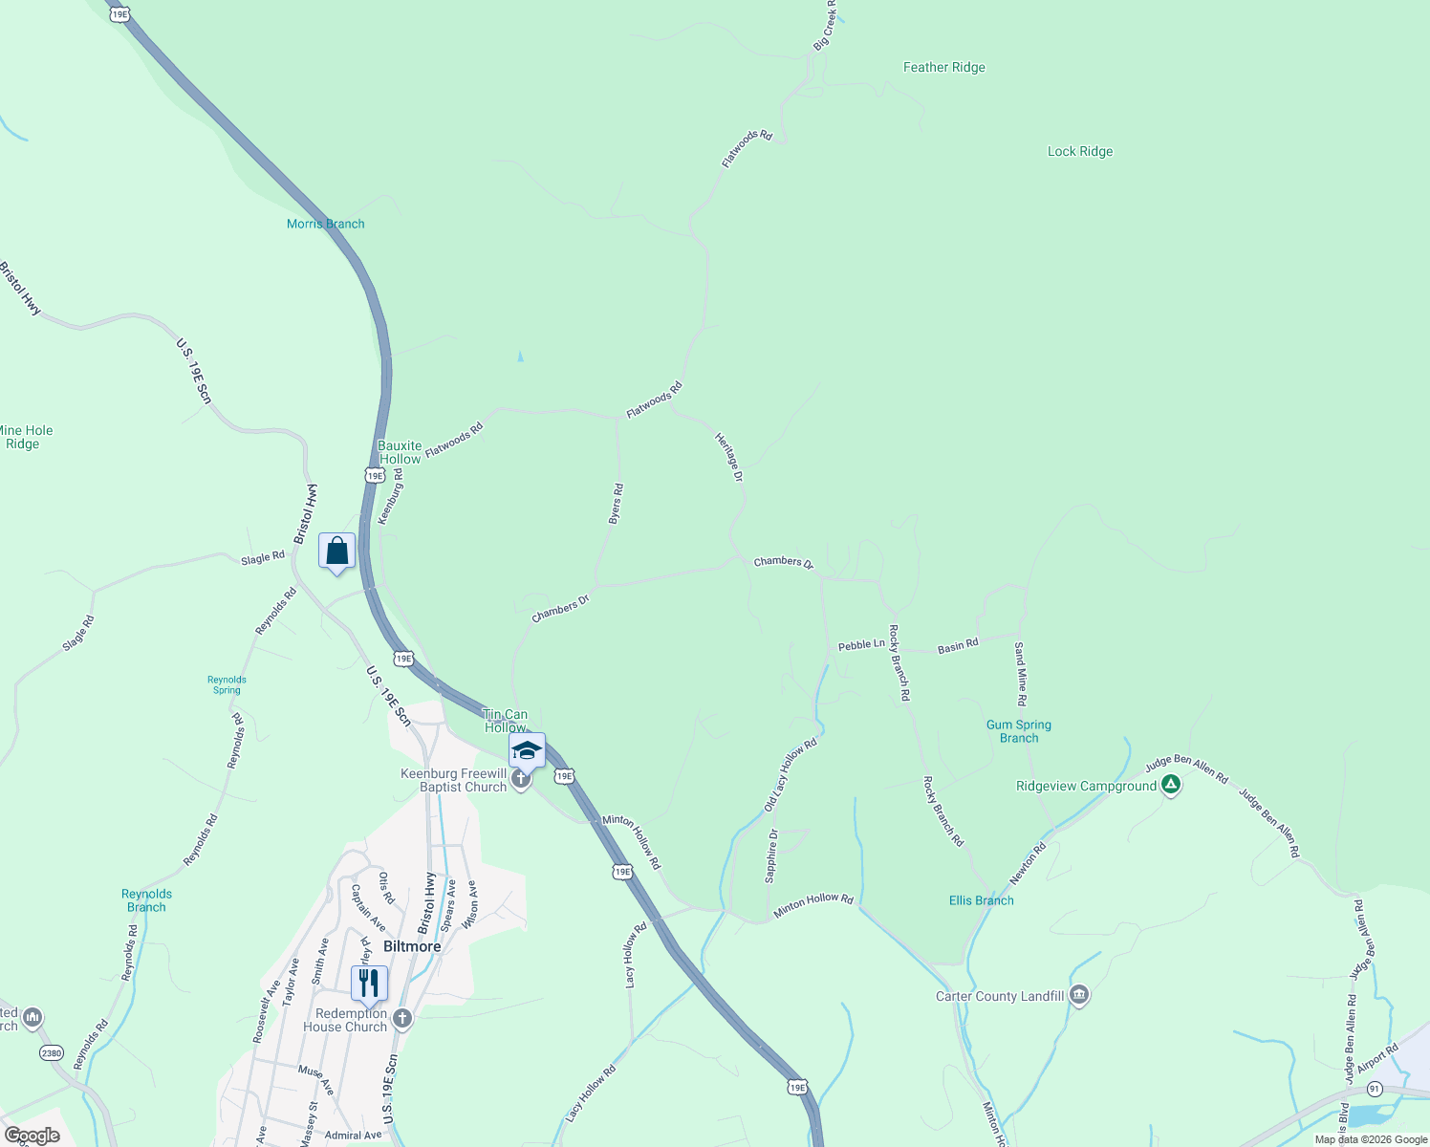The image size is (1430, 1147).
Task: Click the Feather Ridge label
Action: (x=943, y=67)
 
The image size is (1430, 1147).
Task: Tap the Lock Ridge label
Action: (x=1079, y=151)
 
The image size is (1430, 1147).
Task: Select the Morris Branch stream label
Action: (x=325, y=224)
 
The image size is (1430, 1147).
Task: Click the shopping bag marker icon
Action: (x=336, y=551)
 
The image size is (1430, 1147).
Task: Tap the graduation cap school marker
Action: (x=527, y=750)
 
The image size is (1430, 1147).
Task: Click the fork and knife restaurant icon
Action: (x=369, y=983)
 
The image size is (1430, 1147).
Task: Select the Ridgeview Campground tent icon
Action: (x=1171, y=786)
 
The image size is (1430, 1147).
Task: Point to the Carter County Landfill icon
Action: (x=1079, y=996)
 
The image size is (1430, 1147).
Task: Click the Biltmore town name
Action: (x=412, y=946)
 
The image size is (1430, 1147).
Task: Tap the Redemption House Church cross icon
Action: (x=402, y=1019)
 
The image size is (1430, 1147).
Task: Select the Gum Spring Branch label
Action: (x=1019, y=731)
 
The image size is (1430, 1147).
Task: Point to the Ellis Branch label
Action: (x=981, y=900)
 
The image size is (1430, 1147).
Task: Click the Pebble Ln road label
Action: (x=861, y=645)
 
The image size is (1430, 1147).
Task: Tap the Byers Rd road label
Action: (x=616, y=503)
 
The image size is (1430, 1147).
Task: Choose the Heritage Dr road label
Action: (x=729, y=456)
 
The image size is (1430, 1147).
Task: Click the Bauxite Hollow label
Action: (x=400, y=452)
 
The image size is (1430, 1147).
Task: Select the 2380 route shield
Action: (x=52, y=1053)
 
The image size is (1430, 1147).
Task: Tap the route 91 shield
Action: (x=1375, y=1089)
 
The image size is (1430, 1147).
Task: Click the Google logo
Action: (x=32, y=1136)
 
